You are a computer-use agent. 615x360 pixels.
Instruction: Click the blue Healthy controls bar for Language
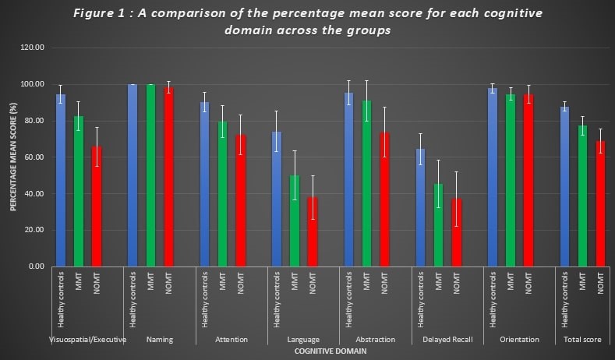[x=277, y=199]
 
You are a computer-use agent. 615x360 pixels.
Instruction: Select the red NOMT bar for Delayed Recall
[x=457, y=232]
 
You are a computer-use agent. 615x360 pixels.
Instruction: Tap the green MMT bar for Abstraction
[x=366, y=184]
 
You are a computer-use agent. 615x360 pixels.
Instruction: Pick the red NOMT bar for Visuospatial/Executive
[x=97, y=206]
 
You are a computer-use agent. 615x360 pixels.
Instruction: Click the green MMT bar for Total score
[x=582, y=196]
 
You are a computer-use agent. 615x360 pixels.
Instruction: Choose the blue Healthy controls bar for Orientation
[x=493, y=177]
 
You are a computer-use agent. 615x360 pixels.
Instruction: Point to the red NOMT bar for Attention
[x=240, y=201]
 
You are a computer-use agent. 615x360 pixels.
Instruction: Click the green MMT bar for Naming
[x=150, y=175]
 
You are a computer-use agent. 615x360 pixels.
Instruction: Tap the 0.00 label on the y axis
[x=37, y=266]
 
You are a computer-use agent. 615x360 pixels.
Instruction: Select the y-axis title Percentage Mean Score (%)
[x=13, y=157]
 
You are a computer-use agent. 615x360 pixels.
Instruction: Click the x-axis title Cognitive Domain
[x=330, y=351]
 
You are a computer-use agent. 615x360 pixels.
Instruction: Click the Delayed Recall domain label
[x=447, y=340]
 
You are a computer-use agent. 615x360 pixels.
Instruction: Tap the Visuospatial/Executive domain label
[x=88, y=340]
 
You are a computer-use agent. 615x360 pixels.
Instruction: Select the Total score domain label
[x=582, y=340]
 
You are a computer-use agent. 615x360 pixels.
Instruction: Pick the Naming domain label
[x=160, y=340]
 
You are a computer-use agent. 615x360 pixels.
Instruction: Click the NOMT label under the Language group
[x=313, y=283]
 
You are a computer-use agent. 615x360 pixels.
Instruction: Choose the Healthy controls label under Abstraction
[x=348, y=300]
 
